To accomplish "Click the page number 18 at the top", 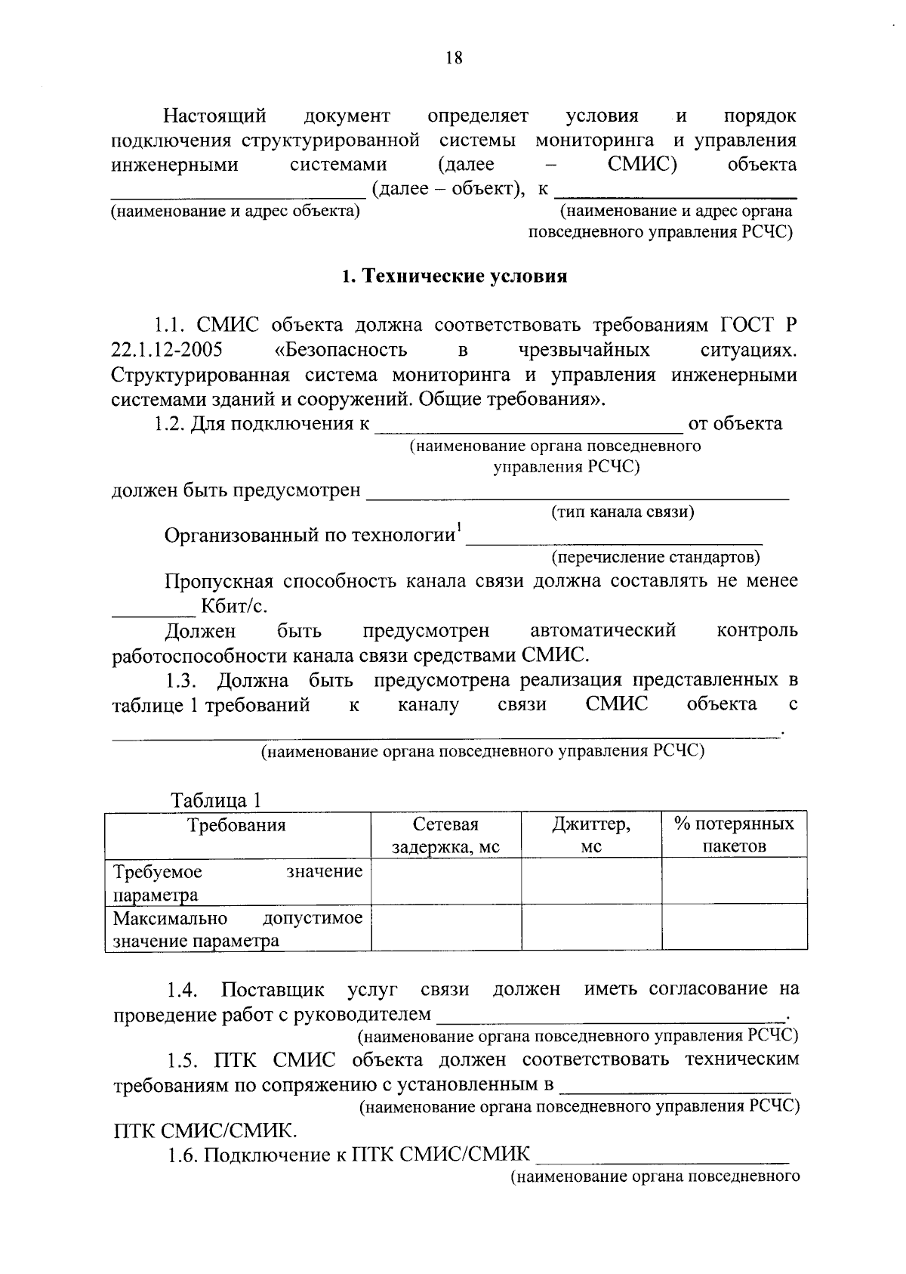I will [x=454, y=58].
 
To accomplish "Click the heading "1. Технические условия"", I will [x=454, y=277].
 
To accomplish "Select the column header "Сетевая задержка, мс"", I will [x=445, y=835].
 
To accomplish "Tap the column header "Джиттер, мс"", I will [x=591, y=835].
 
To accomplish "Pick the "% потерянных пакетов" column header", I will [x=734, y=835].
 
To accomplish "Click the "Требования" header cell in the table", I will [x=237, y=824].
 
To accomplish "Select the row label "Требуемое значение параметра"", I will [x=237, y=883].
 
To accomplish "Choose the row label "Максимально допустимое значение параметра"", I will [x=237, y=929].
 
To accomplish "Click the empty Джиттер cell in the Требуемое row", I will [x=591, y=882].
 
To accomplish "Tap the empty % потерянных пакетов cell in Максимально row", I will [x=734, y=929].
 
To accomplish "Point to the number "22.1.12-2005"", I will [x=166, y=351].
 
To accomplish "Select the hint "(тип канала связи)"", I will [x=623, y=512].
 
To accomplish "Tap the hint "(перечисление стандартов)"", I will [x=655, y=558].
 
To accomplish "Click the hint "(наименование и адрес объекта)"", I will [x=235, y=211].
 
